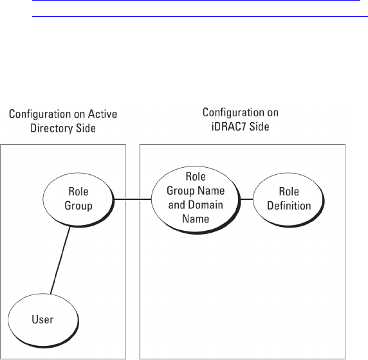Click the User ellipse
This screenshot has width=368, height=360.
tap(43, 320)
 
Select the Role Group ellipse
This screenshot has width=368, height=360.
tap(78, 200)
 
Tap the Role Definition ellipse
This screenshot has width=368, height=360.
tap(289, 200)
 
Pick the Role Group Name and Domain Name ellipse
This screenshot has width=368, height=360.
tap(196, 200)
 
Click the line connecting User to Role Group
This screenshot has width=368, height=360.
tap(60, 260)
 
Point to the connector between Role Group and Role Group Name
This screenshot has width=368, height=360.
tap(133, 199)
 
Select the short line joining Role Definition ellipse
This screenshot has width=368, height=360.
tap(247, 199)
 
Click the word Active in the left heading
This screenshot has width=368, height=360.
tap(102, 114)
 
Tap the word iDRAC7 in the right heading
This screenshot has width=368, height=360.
tap(229, 127)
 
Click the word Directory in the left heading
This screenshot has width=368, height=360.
tap(48, 129)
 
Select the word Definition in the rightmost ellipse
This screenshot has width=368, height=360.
tap(289, 206)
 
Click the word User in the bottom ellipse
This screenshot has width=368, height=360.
tap(42, 319)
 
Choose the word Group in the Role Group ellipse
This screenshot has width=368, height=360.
tap(78, 206)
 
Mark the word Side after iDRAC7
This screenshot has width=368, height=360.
tap(259, 127)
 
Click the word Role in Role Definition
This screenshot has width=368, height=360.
tap(289, 192)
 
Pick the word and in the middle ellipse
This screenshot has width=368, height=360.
tap(175, 204)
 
